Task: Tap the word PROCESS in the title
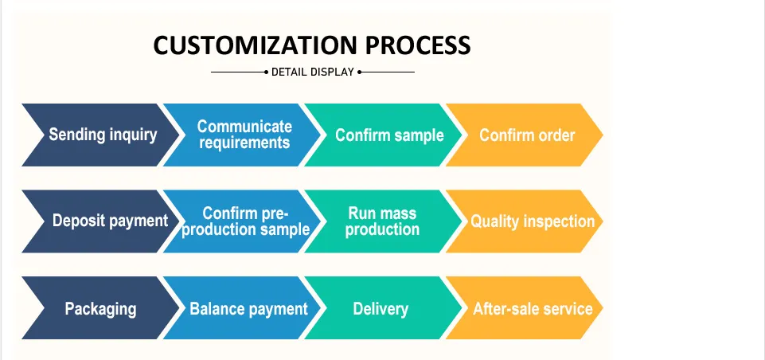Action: coord(418,45)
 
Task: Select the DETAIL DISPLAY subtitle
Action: coord(312,72)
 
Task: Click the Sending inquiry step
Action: coord(100,135)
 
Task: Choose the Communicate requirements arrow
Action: coord(242,135)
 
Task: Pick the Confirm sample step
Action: coord(384,135)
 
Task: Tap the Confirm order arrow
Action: coord(525,135)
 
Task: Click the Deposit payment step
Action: coord(100,221)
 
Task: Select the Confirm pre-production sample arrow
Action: coord(242,221)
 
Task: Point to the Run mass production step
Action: coord(384,221)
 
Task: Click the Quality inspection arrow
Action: coord(525,221)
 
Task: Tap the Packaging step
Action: coord(100,307)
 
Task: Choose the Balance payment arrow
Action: coord(242,307)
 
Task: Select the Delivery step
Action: coord(384,307)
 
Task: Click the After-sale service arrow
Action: coord(525,307)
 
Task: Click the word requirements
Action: coord(244,143)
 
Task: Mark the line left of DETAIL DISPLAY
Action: coord(240,72)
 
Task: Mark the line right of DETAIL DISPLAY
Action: coord(386,72)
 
